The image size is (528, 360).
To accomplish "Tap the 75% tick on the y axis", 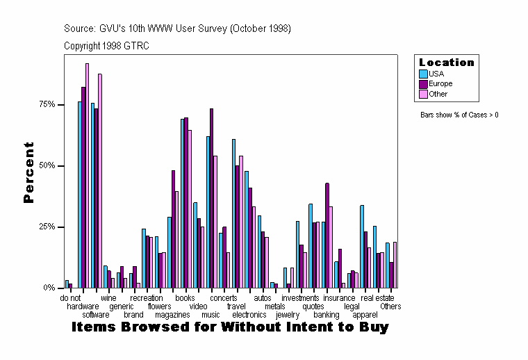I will (x=47, y=104).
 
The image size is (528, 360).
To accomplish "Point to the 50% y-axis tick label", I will (x=47, y=166).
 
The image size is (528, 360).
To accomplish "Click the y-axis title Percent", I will (x=28, y=172).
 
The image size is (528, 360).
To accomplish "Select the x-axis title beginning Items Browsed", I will (x=230, y=327).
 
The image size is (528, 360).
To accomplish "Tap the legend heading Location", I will (x=447, y=63).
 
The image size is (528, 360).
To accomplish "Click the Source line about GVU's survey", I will (x=177, y=28).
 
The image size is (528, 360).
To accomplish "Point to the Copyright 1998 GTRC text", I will (x=106, y=46).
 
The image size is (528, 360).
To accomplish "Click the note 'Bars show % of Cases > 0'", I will (x=459, y=115).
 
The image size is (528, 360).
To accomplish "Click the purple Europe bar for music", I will (x=211, y=198).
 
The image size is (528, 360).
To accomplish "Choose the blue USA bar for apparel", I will (x=362, y=246).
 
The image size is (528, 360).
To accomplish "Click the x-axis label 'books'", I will (x=185, y=298).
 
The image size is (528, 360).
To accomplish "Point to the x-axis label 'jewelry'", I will (x=288, y=315).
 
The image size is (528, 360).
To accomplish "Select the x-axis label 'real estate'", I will (x=377, y=298).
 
